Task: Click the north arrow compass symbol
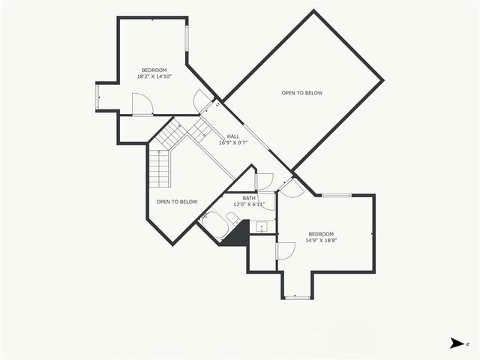pyautogui.click(x=456, y=343)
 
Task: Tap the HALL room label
pyautogui.click(x=232, y=136)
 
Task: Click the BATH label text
pyautogui.click(x=249, y=198)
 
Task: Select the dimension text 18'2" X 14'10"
pyautogui.click(x=154, y=76)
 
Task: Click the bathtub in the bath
pyautogui.click(x=215, y=224)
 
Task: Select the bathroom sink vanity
pyautogui.click(x=260, y=226)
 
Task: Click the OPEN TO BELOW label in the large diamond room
pyautogui.click(x=302, y=93)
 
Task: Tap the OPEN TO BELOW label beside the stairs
pyautogui.click(x=177, y=202)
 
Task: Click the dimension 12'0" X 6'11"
pyautogui.click(x=249, y=205)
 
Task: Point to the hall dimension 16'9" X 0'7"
pyautogui.click(x=232, y=142)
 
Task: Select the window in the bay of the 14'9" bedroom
pyautogui.click(x=298, y=297)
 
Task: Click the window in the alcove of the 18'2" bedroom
pyautogui.click(x=97, y=97)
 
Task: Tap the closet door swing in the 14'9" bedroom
pyautogui.click(x=286, y=250)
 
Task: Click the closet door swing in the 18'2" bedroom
pyautogui.click(x=142, y=104)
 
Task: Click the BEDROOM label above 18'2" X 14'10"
pyautogui.click(x=153, y=70)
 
